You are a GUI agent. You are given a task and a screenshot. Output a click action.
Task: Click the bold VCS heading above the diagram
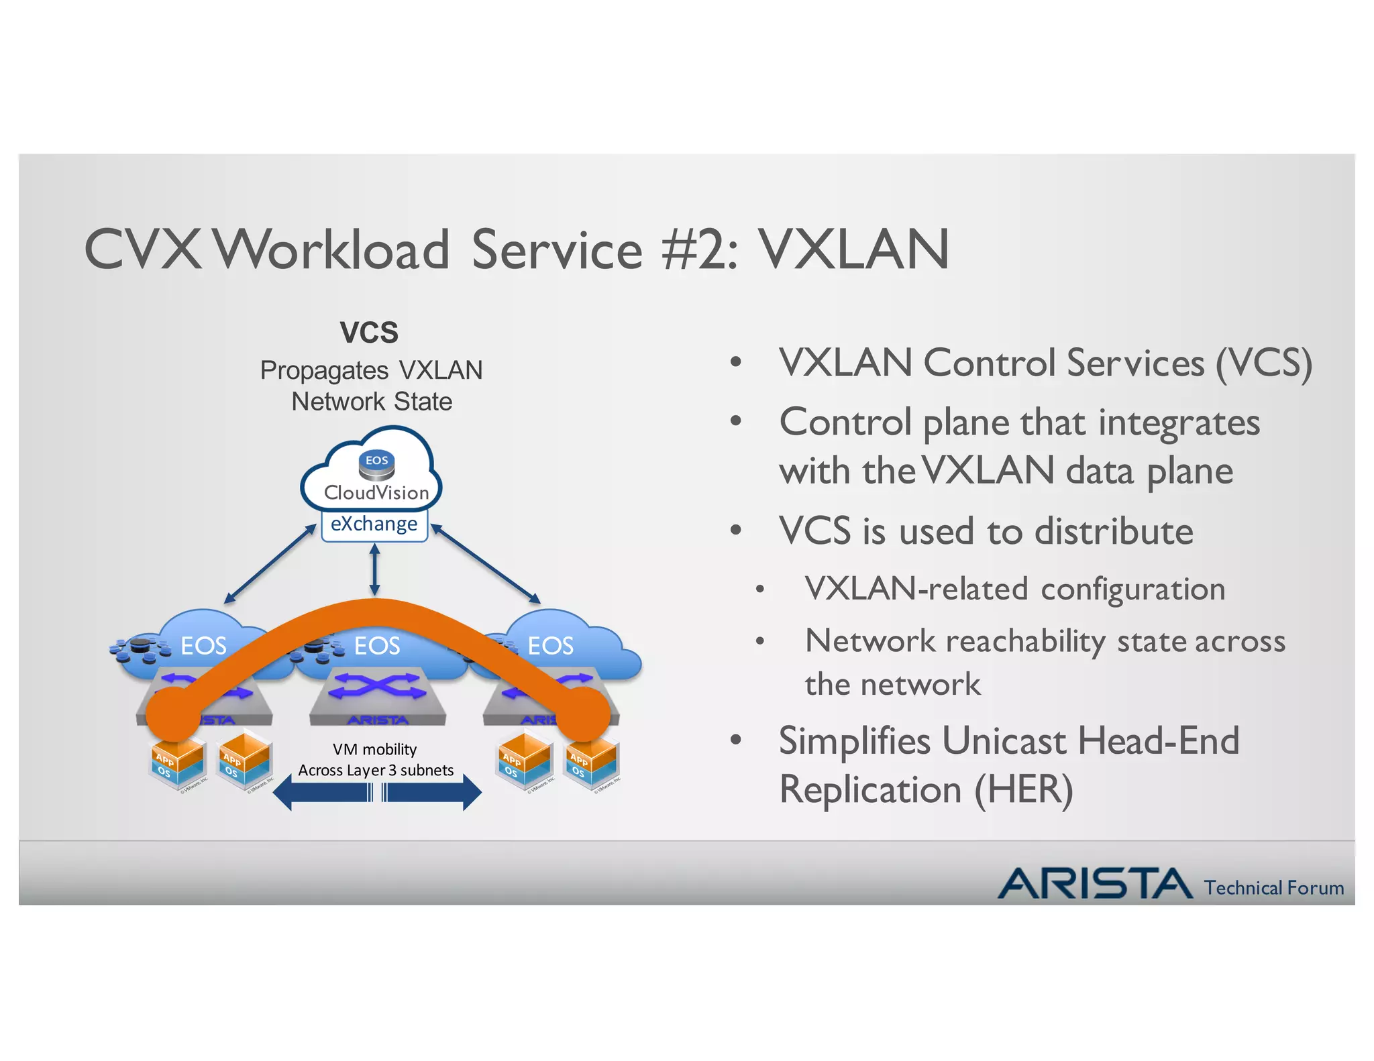369,333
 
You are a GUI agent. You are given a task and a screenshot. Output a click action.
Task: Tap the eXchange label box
374,524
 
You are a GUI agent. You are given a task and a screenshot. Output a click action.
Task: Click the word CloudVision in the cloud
376,493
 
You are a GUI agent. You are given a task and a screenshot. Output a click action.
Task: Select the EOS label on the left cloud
203,646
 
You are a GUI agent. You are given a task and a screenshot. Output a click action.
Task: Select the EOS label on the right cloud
550,646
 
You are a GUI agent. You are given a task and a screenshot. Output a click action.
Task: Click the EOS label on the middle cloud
377,646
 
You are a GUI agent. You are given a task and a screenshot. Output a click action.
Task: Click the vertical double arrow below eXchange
374,569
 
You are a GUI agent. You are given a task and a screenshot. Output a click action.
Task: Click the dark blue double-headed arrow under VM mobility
377,793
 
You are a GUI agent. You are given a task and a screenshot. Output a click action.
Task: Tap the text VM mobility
374,749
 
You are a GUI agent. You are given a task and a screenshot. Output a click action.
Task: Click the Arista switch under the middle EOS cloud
378,695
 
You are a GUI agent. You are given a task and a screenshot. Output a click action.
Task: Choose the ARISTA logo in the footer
1095,883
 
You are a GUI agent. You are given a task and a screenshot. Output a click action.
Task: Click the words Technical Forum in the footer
1273,888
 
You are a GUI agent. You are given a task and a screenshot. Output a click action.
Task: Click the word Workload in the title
333,249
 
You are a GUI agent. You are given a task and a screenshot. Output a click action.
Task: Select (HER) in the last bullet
1024,789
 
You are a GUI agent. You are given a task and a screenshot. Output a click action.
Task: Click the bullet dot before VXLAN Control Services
736,363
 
